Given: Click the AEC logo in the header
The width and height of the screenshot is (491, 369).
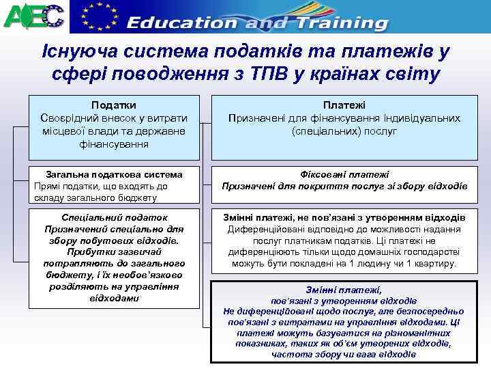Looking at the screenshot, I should (33, 16).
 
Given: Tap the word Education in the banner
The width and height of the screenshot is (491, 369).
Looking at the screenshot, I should (182, 23).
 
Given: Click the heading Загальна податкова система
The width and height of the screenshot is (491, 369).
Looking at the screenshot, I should (113, 174).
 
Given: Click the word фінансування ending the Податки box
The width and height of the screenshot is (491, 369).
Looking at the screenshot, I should (113, 143).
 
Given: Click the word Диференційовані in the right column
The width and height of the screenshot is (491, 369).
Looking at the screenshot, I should (264, 230).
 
